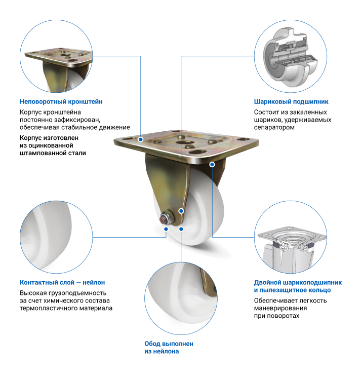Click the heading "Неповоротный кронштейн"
tap(61, 102)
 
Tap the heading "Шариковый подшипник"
tap(291, 102)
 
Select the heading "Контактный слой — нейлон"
tap(62, 282)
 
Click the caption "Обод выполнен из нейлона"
tap(169, 348)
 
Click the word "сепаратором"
tap(274, 128)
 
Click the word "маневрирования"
tap(280, 308)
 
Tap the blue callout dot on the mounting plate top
tap(141, 139)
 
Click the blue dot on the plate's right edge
tap(212, 165)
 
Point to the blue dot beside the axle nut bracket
tap(181, 211)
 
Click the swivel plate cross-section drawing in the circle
tap(292, 249)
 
